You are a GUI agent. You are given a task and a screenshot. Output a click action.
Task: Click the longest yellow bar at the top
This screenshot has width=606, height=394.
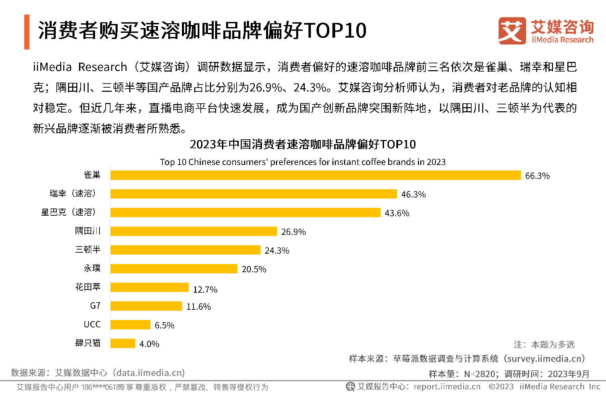point(315,175)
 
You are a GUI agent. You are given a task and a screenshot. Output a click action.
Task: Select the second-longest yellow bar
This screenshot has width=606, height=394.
point(253,194)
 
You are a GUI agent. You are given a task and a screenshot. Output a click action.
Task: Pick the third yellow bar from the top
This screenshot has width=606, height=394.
point(245,213)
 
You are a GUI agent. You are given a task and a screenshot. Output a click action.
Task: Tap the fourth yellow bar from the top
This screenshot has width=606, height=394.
point(194,231)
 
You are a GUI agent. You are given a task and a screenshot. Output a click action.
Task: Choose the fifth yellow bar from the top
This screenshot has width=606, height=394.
point(185,250)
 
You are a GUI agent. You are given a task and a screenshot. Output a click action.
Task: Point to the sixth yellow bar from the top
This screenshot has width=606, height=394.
point(174,269)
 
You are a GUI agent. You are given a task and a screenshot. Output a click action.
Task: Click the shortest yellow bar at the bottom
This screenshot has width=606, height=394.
point(123,343)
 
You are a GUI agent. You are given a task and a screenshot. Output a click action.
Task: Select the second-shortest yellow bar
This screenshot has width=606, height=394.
point(130,325)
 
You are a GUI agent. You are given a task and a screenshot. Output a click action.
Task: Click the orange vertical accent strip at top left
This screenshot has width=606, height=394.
point(27,32)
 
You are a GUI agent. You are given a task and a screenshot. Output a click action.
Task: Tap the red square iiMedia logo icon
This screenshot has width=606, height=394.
point(512,31)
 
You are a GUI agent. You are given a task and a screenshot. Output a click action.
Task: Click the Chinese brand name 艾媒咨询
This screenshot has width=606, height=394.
point(562,27)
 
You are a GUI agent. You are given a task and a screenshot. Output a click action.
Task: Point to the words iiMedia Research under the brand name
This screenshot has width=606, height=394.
point(563,40)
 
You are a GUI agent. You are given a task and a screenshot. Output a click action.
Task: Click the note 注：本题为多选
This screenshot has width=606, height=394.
point(544,344)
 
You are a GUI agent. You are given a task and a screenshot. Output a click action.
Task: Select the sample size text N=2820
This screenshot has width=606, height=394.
point(479,374)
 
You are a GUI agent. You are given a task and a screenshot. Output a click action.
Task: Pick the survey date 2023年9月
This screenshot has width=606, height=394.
point(569,374)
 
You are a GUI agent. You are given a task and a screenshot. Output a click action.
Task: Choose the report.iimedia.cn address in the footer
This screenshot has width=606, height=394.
point(447,387)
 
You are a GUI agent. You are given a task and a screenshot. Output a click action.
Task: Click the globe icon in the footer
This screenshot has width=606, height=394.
point(351,386)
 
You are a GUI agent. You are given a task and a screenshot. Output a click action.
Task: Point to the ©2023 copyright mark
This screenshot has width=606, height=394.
point(501,387)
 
